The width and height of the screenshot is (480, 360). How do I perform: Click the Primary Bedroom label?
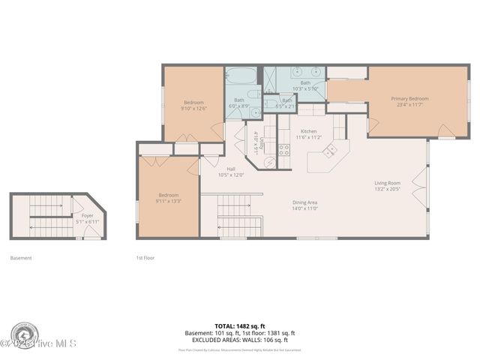[409, 98]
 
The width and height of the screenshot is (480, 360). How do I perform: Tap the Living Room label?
[388, 183]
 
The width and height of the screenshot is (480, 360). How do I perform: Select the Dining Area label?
[304, 202]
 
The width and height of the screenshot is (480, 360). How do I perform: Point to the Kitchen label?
[308, 131]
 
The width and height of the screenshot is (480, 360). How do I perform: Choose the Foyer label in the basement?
[88, 215]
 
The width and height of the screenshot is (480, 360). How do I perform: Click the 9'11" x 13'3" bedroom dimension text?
[168, 200]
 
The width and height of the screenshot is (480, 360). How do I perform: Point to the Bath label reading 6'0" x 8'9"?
[238, 100]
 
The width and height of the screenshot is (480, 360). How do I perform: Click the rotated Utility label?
[256, 140]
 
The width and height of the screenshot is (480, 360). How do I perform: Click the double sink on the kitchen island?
[330, 151]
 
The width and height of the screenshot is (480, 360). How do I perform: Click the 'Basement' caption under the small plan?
[21, 258]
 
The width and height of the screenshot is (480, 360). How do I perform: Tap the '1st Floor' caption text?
[145, 258]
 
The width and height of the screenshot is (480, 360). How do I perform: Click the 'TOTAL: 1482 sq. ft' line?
[239, 326]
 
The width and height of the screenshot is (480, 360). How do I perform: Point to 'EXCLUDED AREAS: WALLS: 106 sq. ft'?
[239, 340]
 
